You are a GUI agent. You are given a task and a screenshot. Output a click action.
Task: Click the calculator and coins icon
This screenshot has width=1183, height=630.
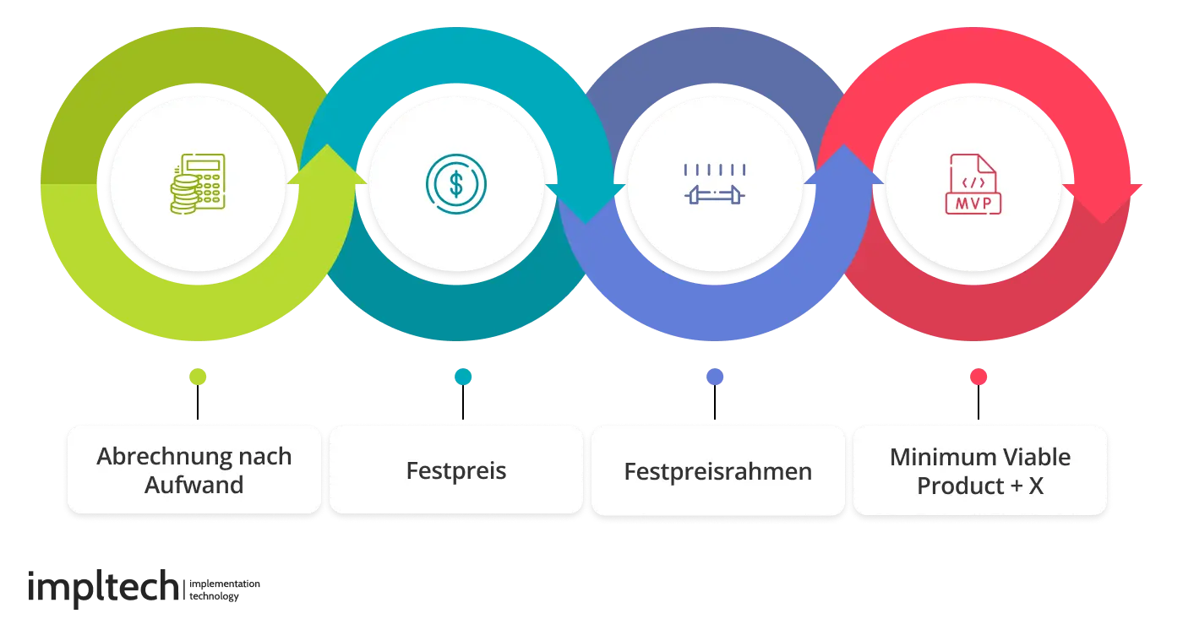(x=197, y=183)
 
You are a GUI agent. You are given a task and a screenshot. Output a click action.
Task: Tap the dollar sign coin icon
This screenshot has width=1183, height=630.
(x=455, y=183)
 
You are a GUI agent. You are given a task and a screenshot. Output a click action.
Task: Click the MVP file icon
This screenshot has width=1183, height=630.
(x=973, y=183)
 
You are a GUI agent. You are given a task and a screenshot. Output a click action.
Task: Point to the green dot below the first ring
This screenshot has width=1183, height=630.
(x=199, y=376)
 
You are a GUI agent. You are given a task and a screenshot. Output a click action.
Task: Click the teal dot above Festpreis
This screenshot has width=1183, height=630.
(x=463, y=376)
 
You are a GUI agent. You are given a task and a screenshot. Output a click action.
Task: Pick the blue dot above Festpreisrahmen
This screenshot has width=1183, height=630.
(x=715, y=376)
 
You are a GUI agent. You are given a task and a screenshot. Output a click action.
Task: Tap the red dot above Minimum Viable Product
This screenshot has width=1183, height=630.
(x=979, y=376)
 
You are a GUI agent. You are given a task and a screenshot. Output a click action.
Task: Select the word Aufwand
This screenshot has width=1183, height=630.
(x=194, y=486)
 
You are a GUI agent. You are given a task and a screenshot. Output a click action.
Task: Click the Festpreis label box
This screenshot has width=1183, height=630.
(x=456, y=470)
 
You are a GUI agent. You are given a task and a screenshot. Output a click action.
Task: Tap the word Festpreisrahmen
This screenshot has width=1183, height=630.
(x=717, y=470)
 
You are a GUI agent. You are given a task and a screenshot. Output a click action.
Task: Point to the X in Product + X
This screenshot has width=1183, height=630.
(x=1036, y=486)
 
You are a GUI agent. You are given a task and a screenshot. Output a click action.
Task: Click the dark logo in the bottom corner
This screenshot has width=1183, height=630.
(x=135, y=588)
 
